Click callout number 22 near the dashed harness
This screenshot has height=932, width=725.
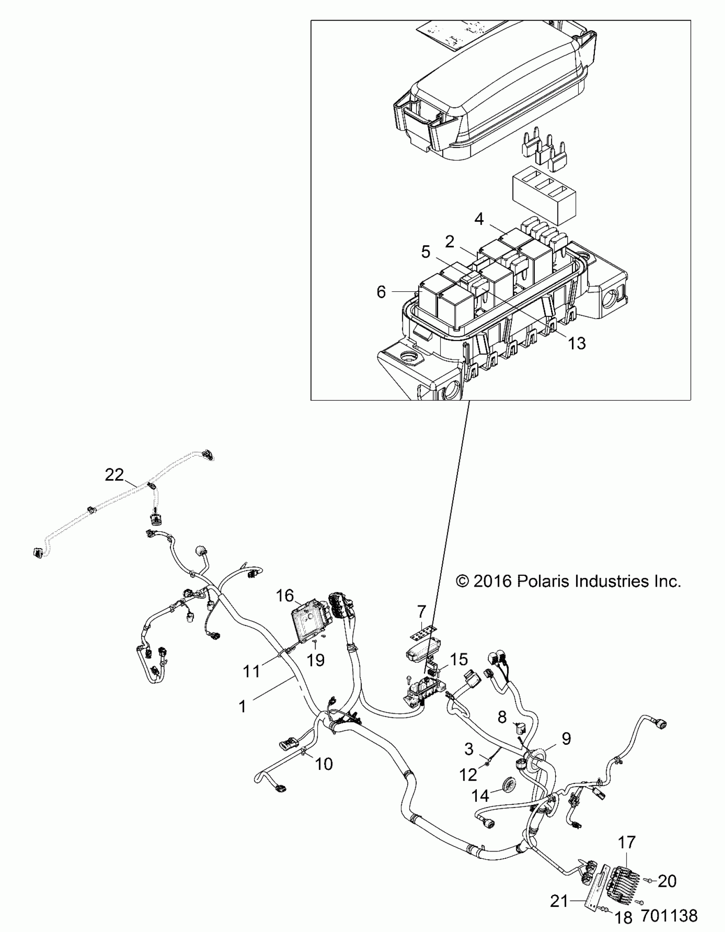[114, 475]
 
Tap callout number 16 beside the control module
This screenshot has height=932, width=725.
[284, 595]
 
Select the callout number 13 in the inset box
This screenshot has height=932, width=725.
[577, 343]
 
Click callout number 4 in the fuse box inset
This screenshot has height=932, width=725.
[479, 219]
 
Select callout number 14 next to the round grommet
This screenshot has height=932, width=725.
[480, 796]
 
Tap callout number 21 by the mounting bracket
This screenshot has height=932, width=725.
[559, 902]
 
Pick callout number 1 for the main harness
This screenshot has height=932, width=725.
[242, 707]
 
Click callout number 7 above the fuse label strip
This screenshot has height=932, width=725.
[422, 612]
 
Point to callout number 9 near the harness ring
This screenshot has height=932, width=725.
[566, 739]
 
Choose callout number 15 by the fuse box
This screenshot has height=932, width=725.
[459, 659]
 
